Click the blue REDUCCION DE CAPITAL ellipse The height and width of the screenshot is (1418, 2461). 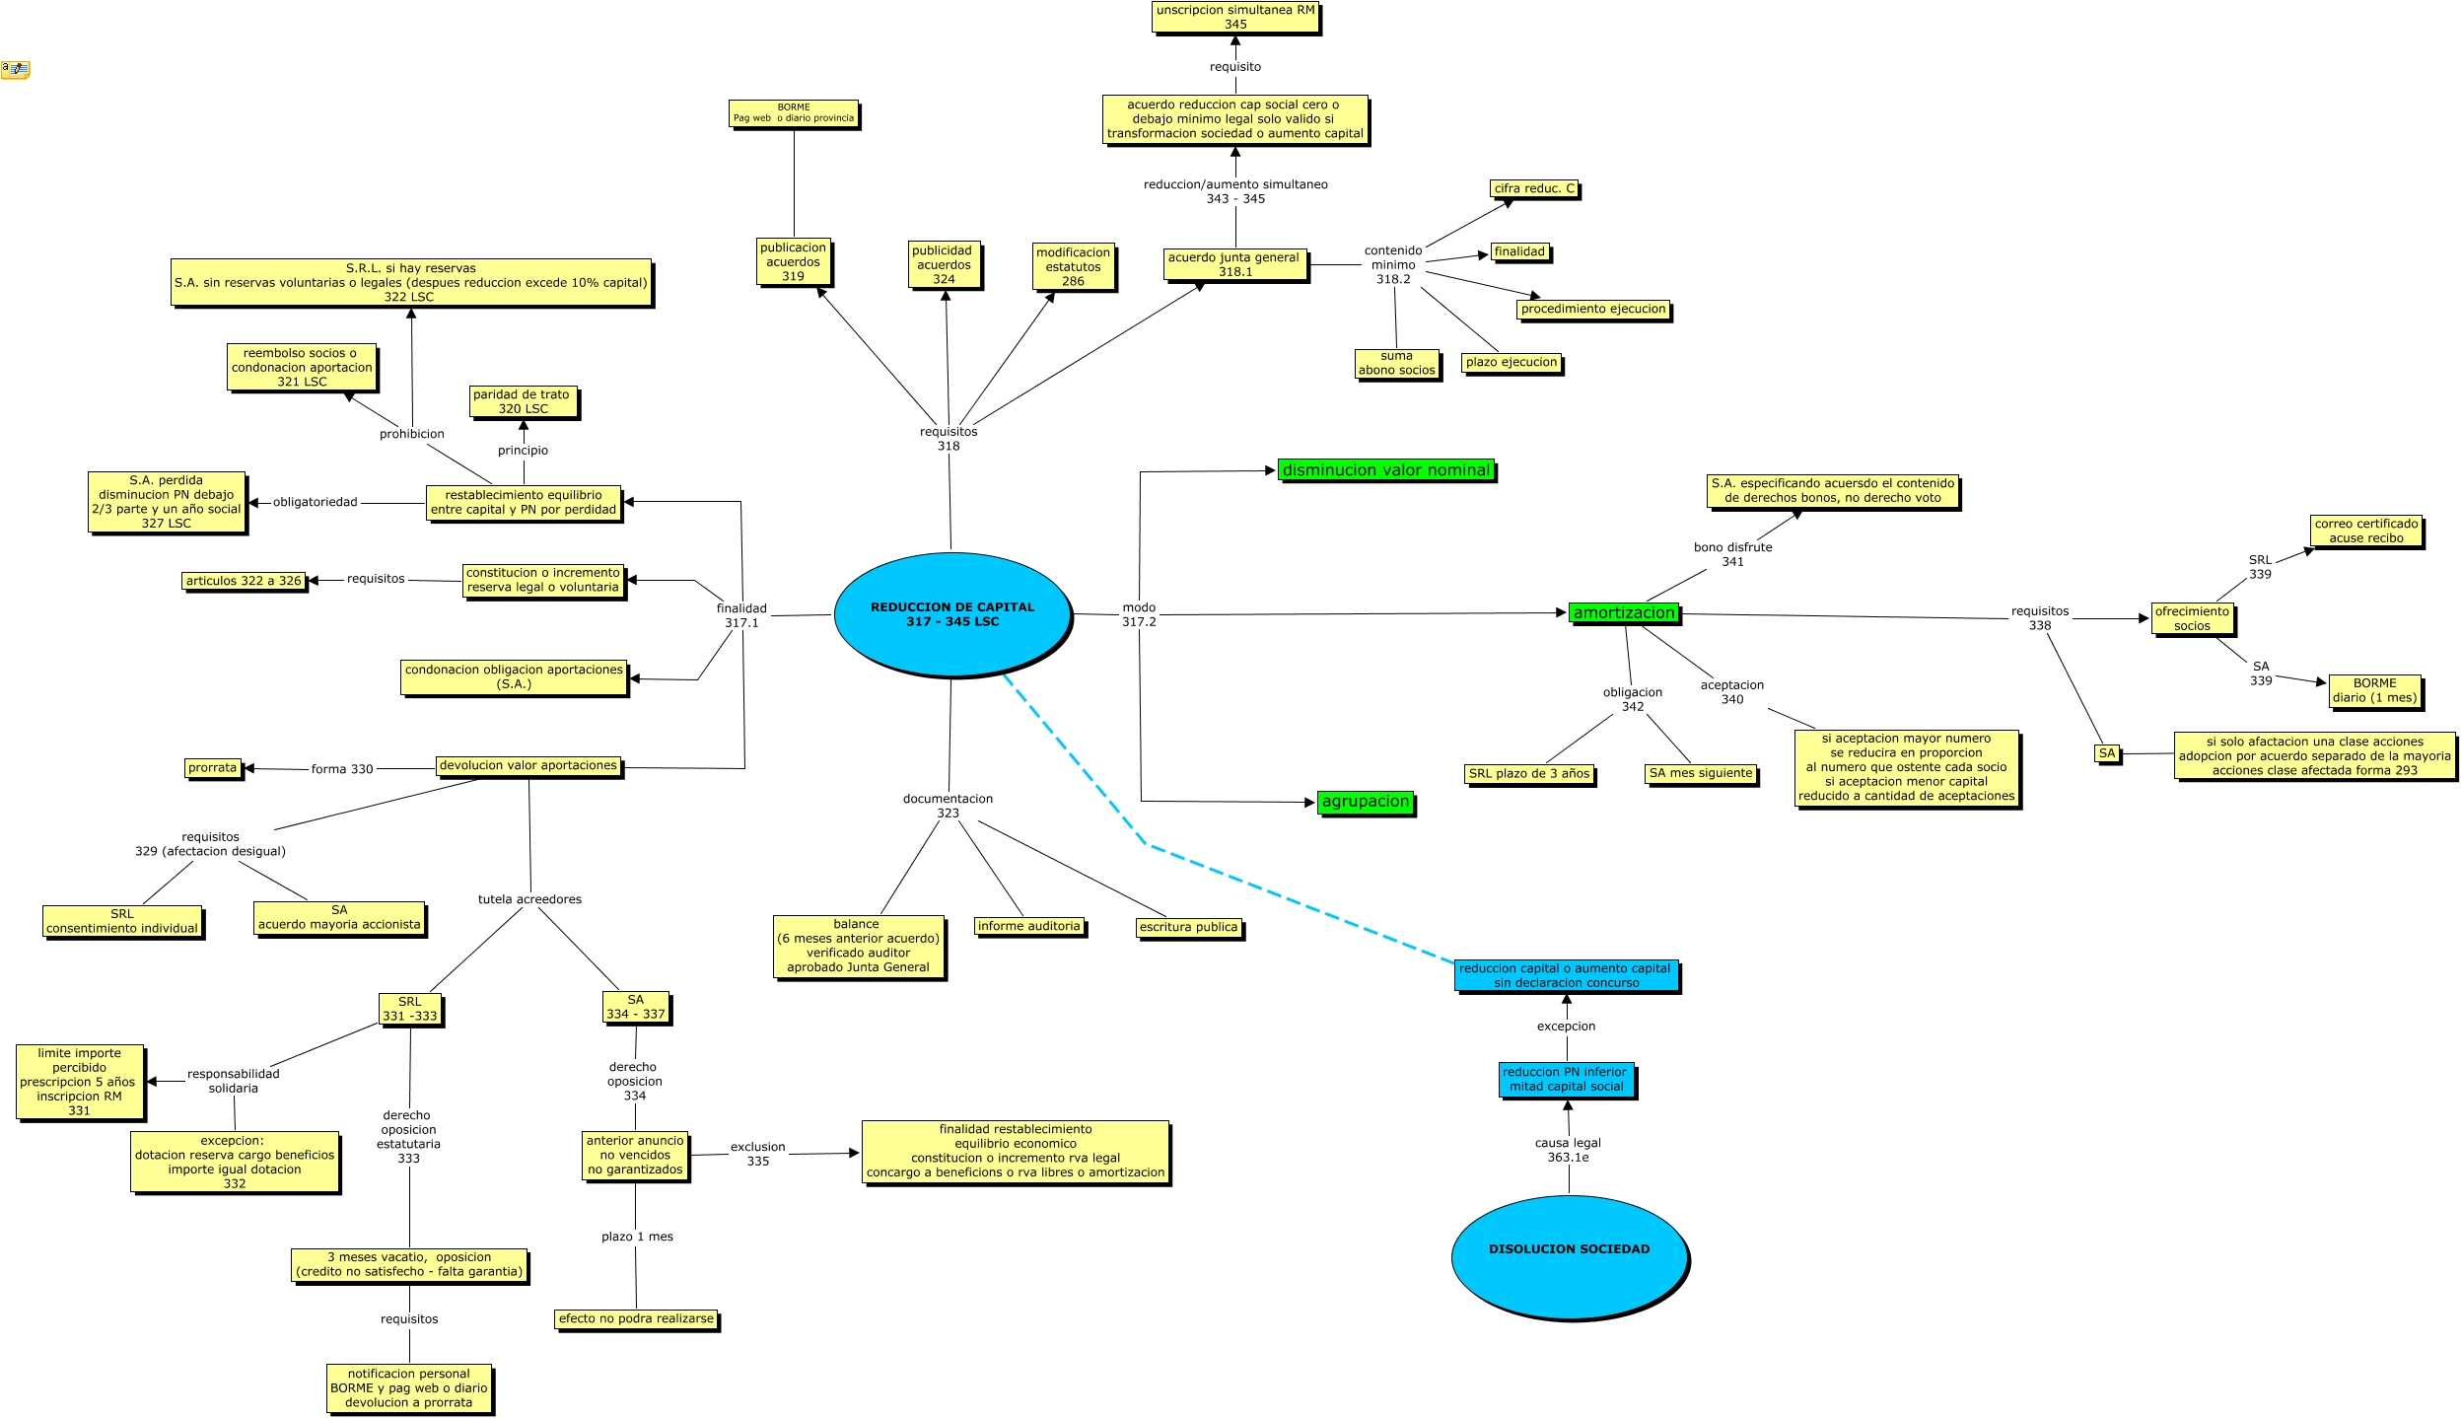[x=951, y=614]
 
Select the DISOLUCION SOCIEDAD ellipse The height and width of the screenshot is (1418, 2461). [x=1569, y=1256]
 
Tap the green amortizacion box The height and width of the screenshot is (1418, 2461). [x=1624, y=613]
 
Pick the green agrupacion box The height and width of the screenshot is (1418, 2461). [x=1366, y=802]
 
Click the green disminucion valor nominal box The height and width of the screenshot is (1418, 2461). [x=1386, y=470]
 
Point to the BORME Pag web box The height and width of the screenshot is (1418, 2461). [x=794, y=113]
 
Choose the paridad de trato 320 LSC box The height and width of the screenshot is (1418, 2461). [x=523, y=401]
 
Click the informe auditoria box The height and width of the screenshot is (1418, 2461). [x=1029, y=926]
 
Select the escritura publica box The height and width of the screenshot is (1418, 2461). [x=1188, y=927]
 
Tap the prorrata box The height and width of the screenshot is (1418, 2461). [x=213, y=767]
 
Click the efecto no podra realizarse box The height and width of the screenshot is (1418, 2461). [x=636, y=1318]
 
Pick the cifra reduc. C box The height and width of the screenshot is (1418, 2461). [x=1534, y=188]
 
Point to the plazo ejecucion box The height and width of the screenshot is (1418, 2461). [x=1512, y=362]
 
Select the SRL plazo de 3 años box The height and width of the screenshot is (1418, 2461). [x=1529, y=773]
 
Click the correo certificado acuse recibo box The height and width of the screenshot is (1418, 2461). [x=2365, y=531]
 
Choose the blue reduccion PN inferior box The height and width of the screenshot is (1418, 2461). [x=1567, y=1079]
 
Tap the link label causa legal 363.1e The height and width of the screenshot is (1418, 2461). [x=1568, y=1150]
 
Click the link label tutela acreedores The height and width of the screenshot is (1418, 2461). [x=529, y=899]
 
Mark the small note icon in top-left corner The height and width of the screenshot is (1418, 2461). [x=15, y=69]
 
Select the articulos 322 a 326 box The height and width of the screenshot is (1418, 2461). [x=244, y=581]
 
